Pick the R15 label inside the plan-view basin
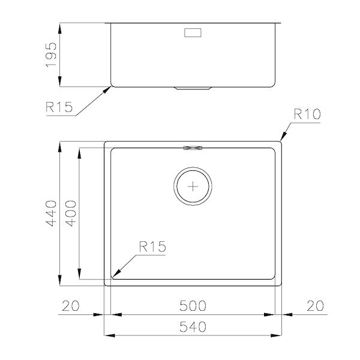click(152, 246)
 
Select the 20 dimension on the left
click(71, 305)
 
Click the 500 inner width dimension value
click(193, 305)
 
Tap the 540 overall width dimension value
click(193, 327)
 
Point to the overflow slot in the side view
click(193, 32)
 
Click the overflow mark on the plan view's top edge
click(193, 146)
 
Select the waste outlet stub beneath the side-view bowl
click(193, 88)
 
